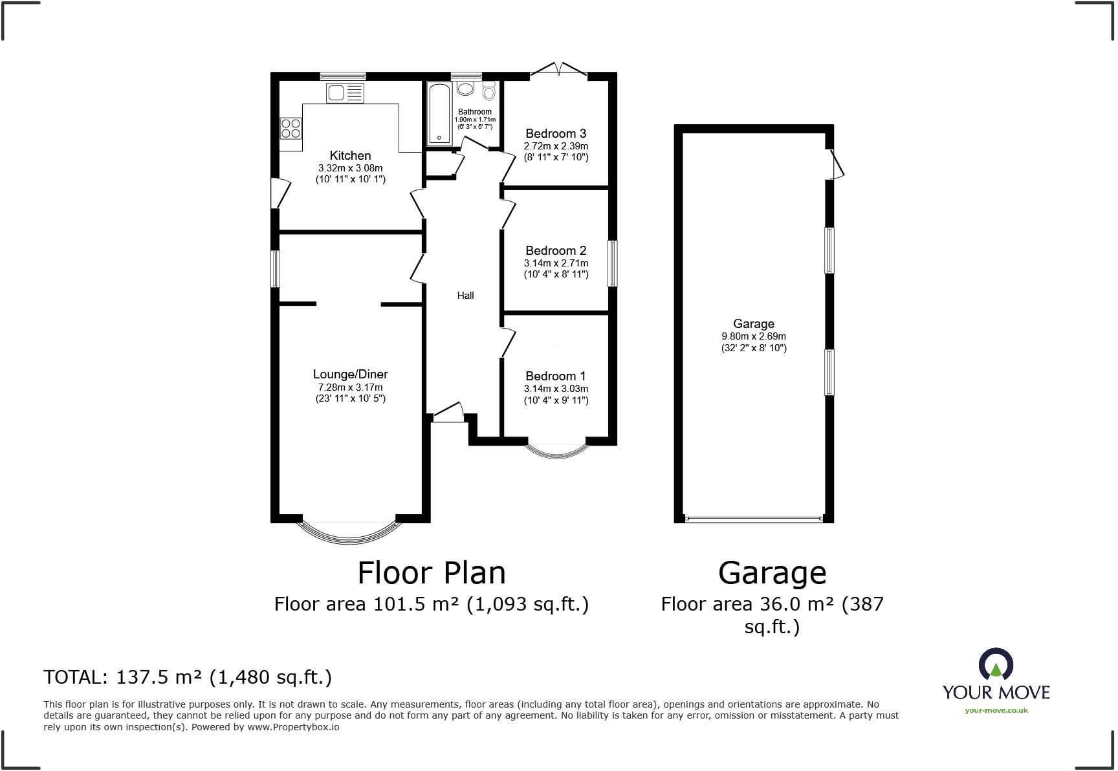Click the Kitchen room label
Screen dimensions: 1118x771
350,155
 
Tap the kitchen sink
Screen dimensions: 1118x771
345,93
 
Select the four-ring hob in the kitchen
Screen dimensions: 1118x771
290,128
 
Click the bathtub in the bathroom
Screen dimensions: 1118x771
439,113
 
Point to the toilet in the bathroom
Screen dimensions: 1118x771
488,91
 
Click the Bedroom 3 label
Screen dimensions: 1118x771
556,134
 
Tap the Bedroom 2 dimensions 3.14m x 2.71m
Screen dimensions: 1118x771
556,263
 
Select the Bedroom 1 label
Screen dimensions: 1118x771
556,376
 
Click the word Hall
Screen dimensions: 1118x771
465,296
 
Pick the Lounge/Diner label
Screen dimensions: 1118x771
350,374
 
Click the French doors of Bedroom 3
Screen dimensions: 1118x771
558,69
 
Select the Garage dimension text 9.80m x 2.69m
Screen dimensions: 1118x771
754,336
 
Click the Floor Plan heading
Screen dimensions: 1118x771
432,573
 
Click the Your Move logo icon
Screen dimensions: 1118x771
995,665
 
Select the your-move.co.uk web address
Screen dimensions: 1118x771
996,710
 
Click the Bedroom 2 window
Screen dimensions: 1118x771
612,263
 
